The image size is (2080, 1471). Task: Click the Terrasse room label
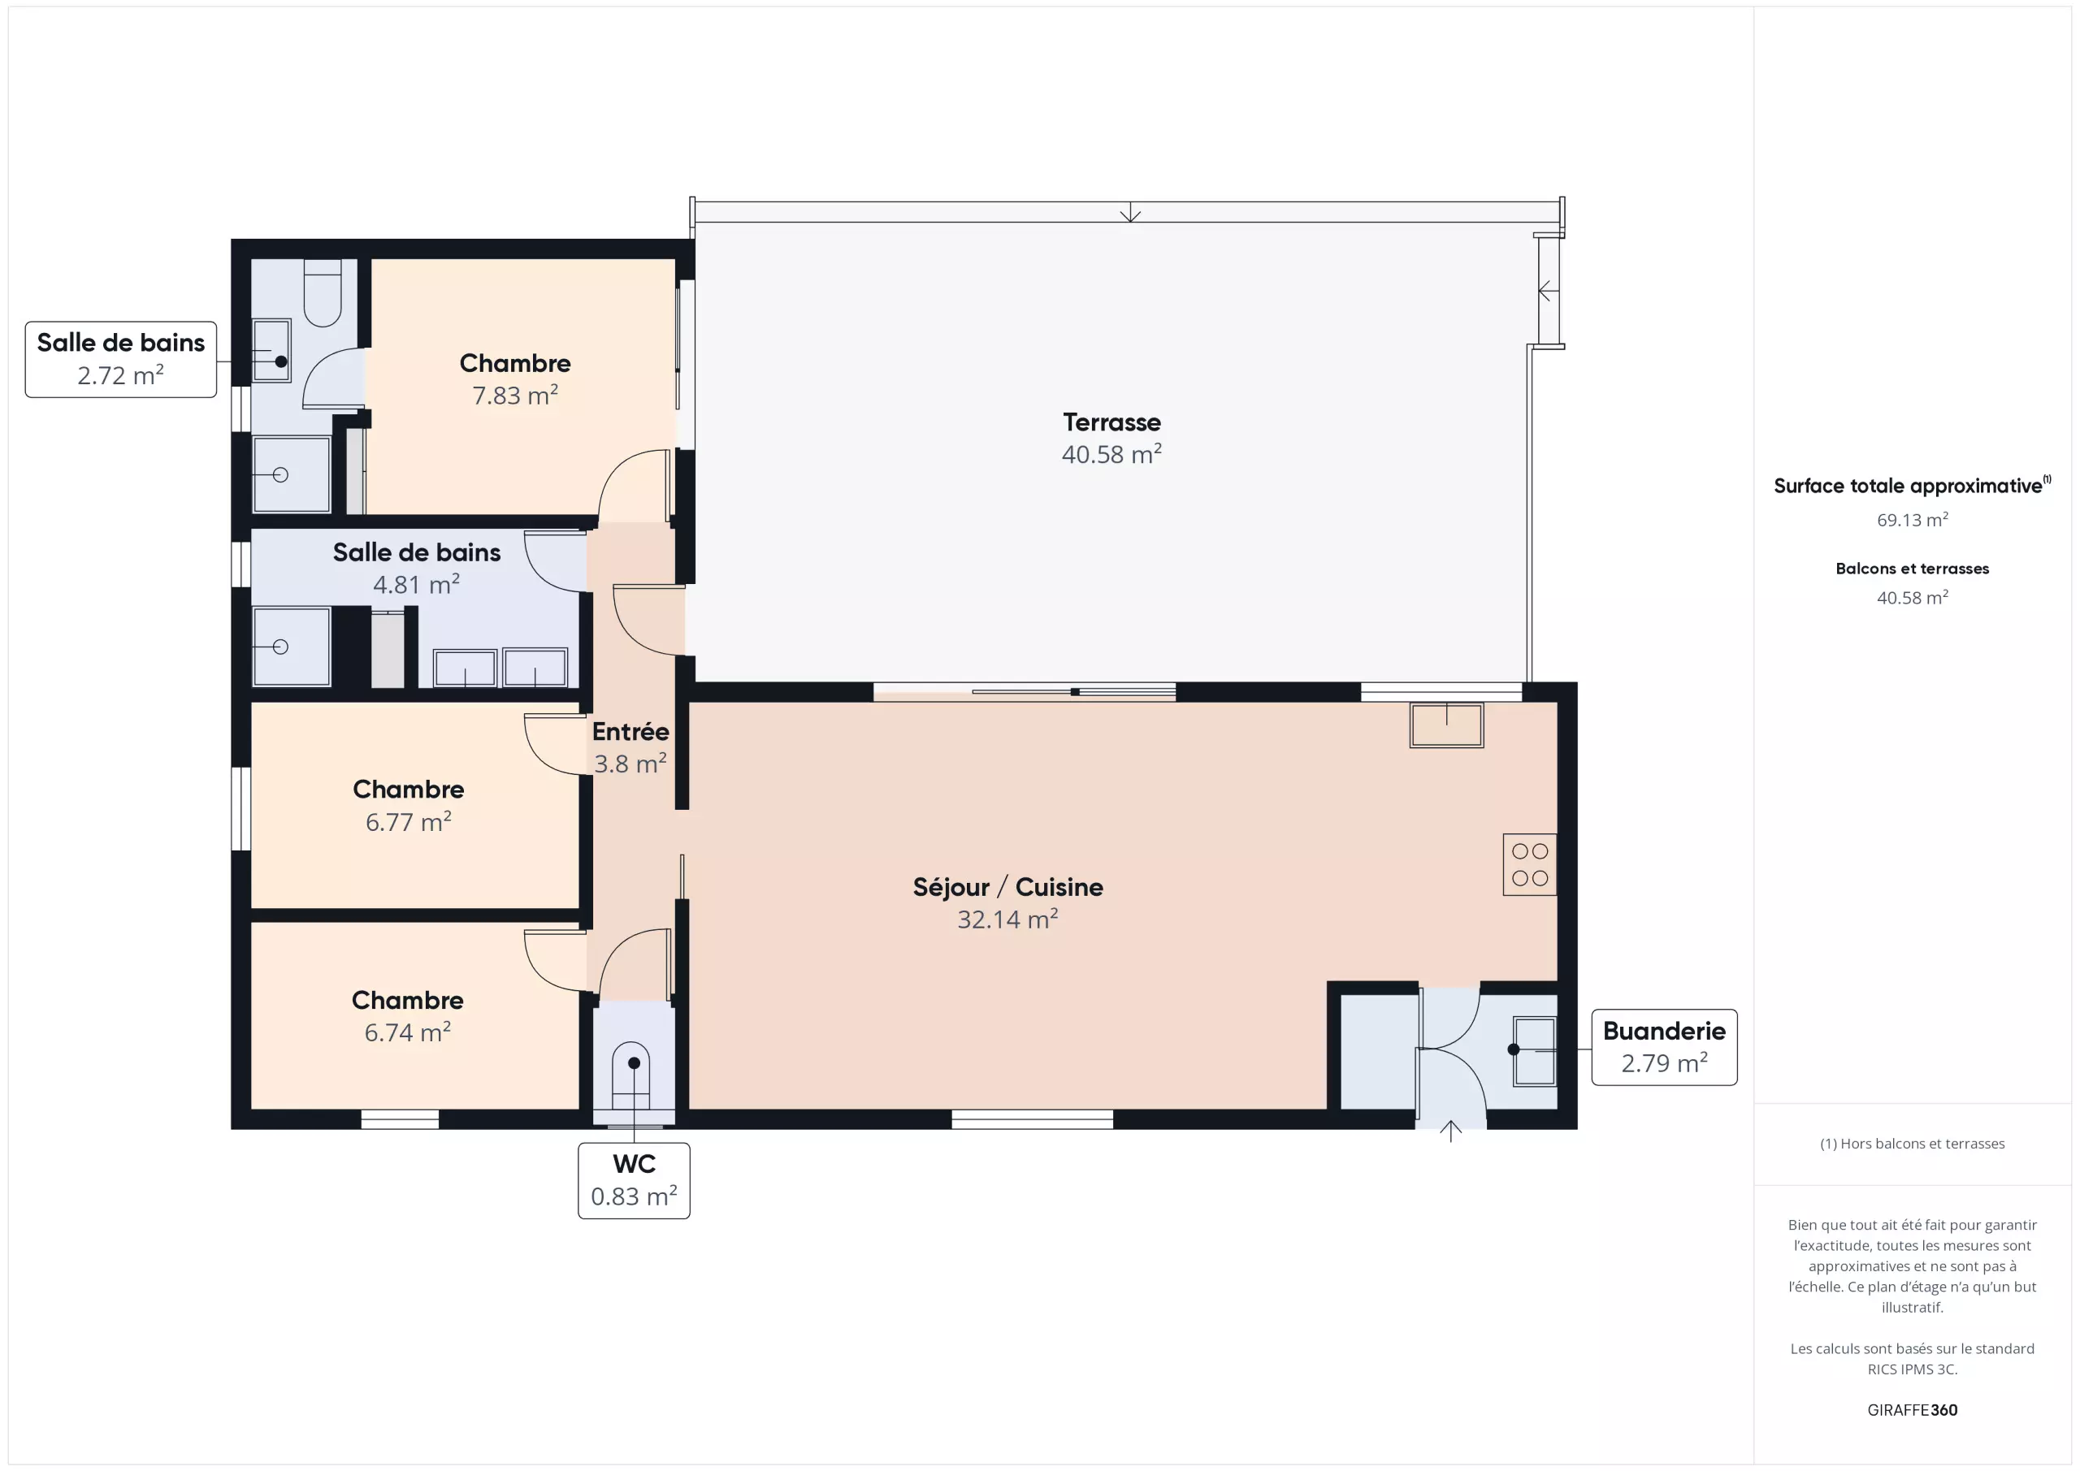(1111, 422)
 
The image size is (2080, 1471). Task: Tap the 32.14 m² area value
(1007, 919)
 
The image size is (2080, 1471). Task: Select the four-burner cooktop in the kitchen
(1529, 864)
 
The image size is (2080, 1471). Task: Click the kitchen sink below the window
(1446, 725)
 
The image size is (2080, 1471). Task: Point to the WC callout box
(634, 1180)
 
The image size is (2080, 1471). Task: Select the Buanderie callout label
(1664, 1047)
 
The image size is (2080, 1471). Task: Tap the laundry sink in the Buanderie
(1534, 1051)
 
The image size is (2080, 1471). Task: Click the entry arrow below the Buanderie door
(1450, 1131)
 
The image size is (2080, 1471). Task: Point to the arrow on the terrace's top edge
(1129, 212)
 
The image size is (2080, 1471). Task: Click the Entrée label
(630, 732)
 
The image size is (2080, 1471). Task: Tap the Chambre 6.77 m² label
(408, 805)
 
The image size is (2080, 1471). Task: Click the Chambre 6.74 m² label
(408, 1016)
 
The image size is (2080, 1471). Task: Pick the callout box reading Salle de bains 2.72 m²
(120, 360)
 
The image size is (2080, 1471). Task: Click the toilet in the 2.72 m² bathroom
(322, 292)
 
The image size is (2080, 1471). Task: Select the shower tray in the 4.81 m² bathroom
(292, 647)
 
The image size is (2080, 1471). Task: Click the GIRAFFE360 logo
(1912, 1410)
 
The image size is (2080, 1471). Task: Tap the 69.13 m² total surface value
(1912, 520)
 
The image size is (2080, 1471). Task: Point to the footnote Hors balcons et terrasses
(1912, 1144)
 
